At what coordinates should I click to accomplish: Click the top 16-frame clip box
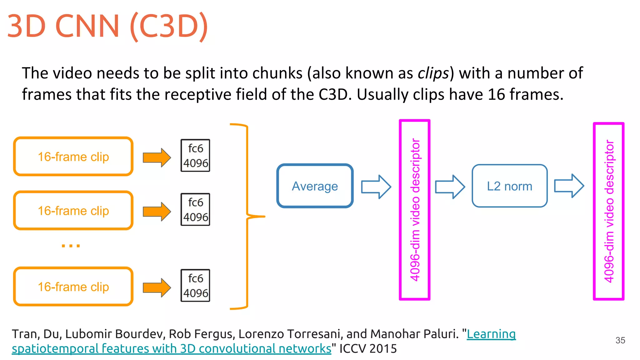click(73, 156)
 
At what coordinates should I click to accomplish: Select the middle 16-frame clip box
click(73, 210)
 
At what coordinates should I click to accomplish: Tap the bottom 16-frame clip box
click(73, 286)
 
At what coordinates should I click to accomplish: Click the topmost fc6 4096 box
click(195, 155)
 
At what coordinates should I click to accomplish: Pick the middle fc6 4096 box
click(195, 209)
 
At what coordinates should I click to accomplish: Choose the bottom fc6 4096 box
click(195, 285)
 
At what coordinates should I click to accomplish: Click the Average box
click(315, 186)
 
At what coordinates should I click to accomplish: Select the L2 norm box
click(509, 186)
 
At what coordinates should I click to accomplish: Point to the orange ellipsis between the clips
click(71, 246)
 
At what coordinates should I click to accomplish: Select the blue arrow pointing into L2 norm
click(450, 187)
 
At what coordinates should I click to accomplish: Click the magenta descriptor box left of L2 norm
click(415, 210)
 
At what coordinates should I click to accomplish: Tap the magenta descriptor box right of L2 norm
click(609, 211)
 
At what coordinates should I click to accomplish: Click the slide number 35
click(620, 340)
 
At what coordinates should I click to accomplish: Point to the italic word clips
click(433, 73)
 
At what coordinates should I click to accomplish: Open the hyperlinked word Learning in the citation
click(491, 334)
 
